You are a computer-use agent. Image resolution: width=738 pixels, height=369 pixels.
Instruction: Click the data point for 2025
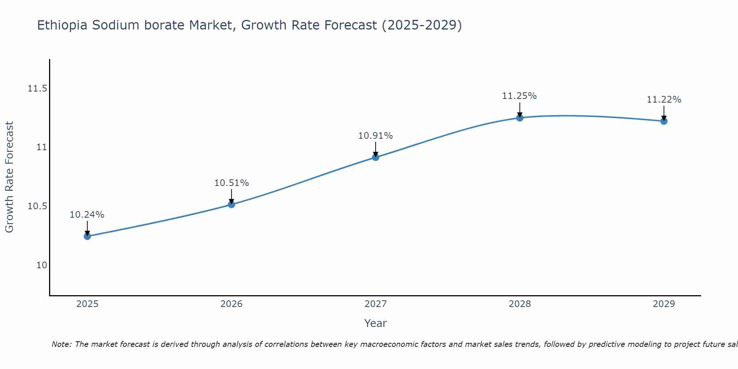(x=87, y=236)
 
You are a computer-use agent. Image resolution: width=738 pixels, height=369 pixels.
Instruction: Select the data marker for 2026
(x=231, y=204)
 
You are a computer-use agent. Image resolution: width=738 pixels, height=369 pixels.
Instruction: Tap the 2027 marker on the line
(x=376, y=157)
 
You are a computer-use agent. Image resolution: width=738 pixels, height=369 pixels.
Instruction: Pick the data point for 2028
(x=520, y=118)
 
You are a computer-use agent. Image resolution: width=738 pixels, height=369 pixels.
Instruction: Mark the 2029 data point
(x=664, y=121)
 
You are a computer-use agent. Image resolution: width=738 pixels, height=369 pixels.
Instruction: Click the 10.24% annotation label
(x=87, y=215)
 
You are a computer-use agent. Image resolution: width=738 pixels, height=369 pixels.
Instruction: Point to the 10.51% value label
(x=231, y=183)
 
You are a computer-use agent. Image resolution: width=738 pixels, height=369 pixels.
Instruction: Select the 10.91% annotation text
(x=376, y=136)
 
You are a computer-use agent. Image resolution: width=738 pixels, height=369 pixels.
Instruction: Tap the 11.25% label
(x=520, y=96)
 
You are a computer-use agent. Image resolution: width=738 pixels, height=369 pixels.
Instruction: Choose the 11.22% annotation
(x=664, y=100)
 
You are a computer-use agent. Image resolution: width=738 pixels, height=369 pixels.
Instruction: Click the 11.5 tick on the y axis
(x=37, y=89)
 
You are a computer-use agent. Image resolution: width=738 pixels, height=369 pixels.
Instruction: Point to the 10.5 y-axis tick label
(x=37, y=206)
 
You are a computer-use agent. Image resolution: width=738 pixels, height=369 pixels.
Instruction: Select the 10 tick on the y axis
(x=42, y=265)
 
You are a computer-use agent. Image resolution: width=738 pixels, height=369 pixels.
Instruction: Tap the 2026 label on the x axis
(x=231, y=304)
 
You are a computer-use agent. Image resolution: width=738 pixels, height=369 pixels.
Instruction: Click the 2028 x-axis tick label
(x=520, y=304)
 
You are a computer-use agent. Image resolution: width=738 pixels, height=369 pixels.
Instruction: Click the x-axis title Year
(x=375, y=323)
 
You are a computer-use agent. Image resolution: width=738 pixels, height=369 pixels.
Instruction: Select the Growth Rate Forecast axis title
(x=10, y=177)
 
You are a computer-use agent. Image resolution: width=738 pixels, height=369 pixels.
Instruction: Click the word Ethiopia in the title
(x=62, y=25)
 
